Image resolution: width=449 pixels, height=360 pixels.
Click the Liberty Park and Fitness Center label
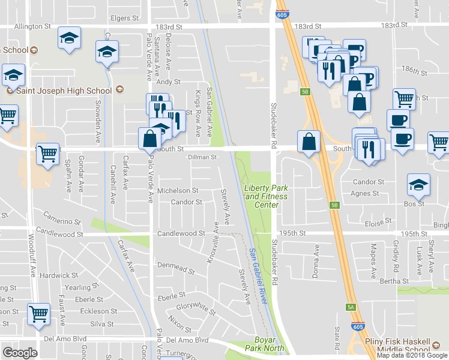266,196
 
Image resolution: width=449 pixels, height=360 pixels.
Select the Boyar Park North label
265,344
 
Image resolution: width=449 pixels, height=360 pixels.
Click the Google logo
20,353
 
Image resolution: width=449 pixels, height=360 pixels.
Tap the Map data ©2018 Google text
412,356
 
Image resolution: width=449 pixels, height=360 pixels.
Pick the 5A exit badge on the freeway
351,307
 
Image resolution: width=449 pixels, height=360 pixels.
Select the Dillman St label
202,158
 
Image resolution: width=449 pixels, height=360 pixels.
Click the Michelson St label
177,191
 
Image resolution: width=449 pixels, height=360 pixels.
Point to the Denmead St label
176,268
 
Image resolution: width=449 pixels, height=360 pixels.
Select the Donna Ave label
316,258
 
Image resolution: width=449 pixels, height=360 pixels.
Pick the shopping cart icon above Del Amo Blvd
39,313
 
